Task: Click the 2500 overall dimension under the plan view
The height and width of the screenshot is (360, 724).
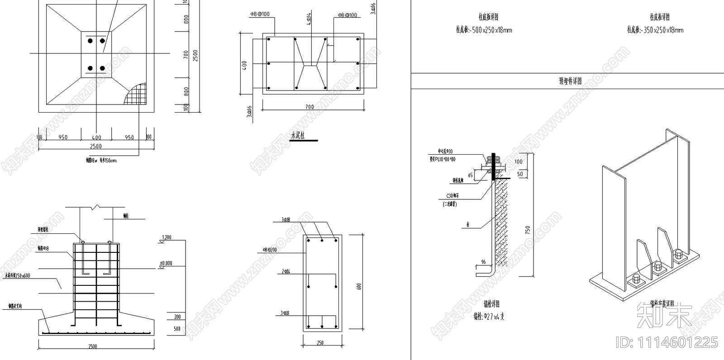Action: click(x=96, y=146)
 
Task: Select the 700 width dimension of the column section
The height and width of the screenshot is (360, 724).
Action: click(x=310, y=107)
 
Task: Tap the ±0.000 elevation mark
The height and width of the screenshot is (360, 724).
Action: click(x=166, y=263)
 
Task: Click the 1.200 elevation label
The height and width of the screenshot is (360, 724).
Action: click(x=167, y=237)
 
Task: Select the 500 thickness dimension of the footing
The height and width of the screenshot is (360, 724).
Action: click(x=177, y=329)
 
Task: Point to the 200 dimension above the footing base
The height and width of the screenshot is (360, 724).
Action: click(x=177, y=317)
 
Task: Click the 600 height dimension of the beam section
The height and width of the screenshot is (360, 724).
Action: click(x=359, y=286)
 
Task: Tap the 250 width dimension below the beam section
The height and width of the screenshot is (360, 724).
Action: click(x=320, y=343)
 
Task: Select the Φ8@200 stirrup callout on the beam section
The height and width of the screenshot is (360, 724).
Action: click(x=270, y=250)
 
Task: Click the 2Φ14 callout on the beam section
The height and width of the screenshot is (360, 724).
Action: click(x=286, y=272)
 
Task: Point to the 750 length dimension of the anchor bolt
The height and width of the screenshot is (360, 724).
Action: click(x=527, y=229)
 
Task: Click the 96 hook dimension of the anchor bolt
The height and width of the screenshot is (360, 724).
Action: click(x=483, y=262)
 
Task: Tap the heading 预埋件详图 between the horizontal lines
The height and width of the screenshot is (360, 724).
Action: click(x=570, y=81)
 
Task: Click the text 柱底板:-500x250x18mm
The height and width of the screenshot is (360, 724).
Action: click(x=484, y=30)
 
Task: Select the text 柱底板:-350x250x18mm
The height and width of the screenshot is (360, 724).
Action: click(x=655, y=30)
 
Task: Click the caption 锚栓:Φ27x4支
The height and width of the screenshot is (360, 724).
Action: click(x=489, y=317)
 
